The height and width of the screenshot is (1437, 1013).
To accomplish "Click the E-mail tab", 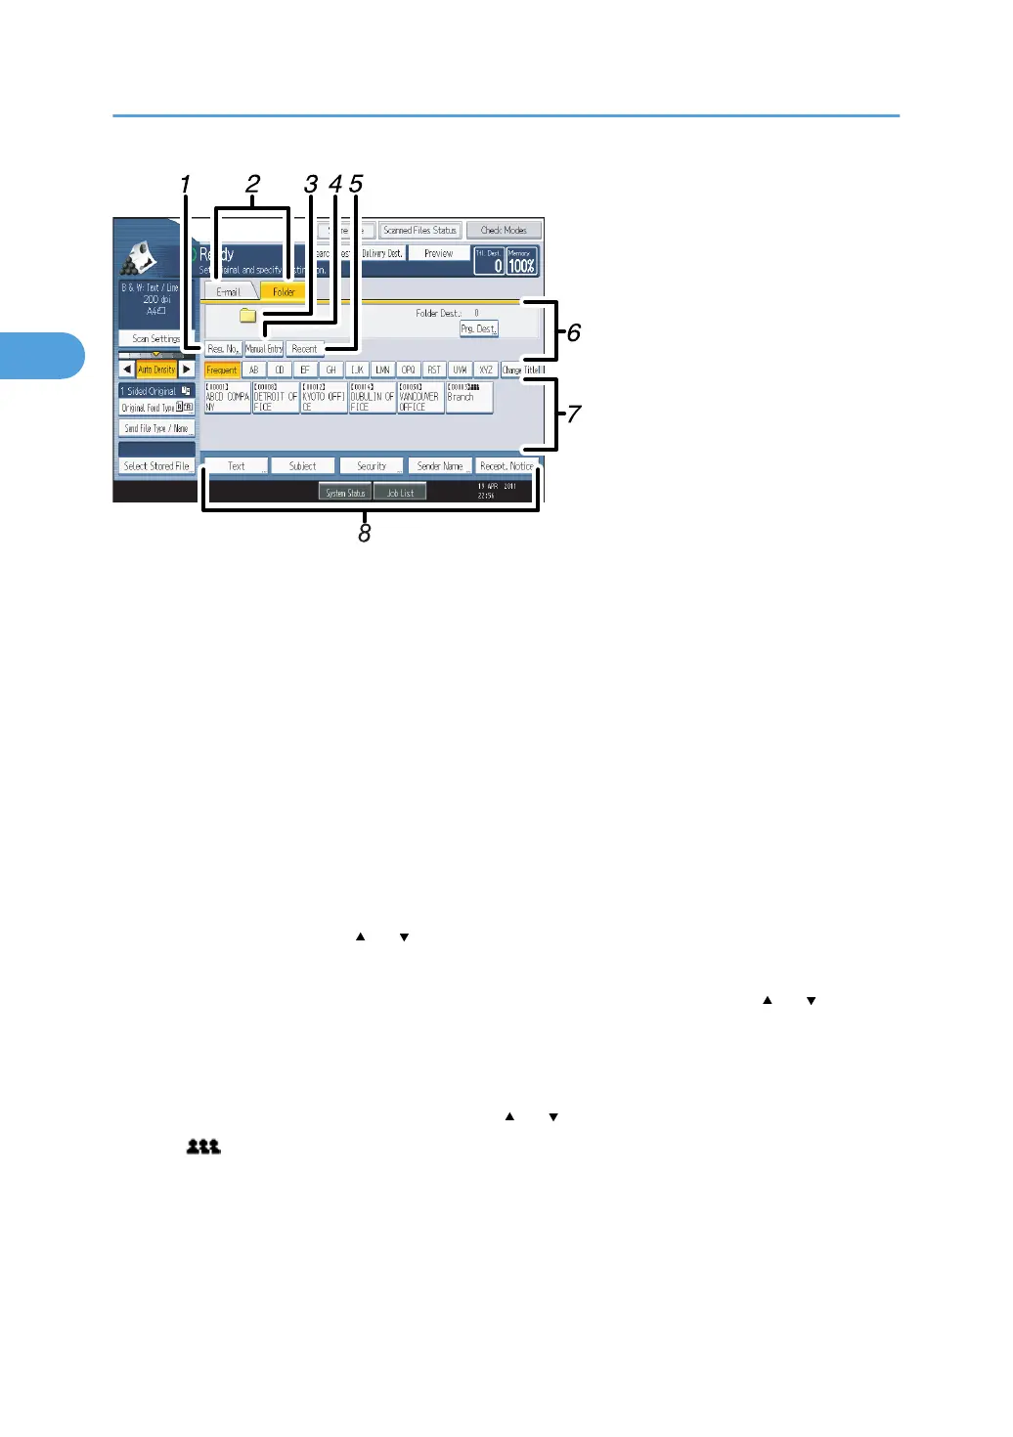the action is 229,292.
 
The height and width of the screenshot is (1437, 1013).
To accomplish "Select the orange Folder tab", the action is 284,292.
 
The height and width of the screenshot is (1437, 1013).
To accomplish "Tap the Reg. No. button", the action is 223,349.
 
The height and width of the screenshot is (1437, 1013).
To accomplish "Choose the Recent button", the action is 304,349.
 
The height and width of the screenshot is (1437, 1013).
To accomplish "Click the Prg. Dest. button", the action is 479,329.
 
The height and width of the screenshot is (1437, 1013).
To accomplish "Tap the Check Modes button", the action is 504,231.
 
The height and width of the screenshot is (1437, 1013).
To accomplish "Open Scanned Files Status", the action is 419,231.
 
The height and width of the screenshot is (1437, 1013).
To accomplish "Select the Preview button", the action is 438,254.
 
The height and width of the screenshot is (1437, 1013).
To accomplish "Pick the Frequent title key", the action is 222,370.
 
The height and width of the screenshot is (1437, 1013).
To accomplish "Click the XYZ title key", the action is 485,370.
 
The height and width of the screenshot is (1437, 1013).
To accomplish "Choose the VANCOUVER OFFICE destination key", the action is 420,398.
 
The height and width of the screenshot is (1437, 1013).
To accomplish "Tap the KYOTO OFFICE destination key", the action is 324,398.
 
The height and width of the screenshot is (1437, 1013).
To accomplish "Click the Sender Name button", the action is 440,466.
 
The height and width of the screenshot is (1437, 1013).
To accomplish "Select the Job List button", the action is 400,493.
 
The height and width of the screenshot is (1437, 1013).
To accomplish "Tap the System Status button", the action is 345,493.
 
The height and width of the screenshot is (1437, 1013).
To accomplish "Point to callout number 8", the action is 365,534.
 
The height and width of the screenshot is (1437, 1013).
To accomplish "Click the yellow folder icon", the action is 248,316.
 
